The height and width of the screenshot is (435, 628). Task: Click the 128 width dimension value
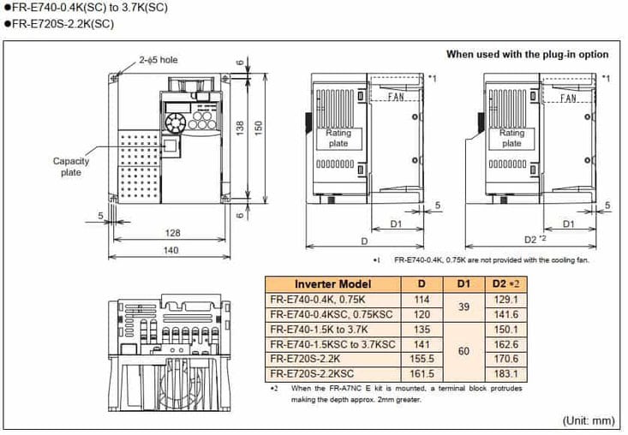[172, 232]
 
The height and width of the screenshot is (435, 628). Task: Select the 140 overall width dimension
[171, 250]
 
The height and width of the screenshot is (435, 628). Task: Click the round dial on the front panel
[176, 123]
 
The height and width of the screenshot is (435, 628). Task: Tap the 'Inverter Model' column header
[333, 283]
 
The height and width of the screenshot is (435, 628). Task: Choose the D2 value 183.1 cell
[507, 375]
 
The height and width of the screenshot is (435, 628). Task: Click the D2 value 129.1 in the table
[507, 299]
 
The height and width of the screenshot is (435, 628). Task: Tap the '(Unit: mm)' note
[588, 420]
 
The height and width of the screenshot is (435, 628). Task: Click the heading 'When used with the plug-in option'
[527, 54]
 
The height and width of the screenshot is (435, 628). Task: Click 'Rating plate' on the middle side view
[338, 138]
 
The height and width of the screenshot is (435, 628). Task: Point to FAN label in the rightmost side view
[568, 98]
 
